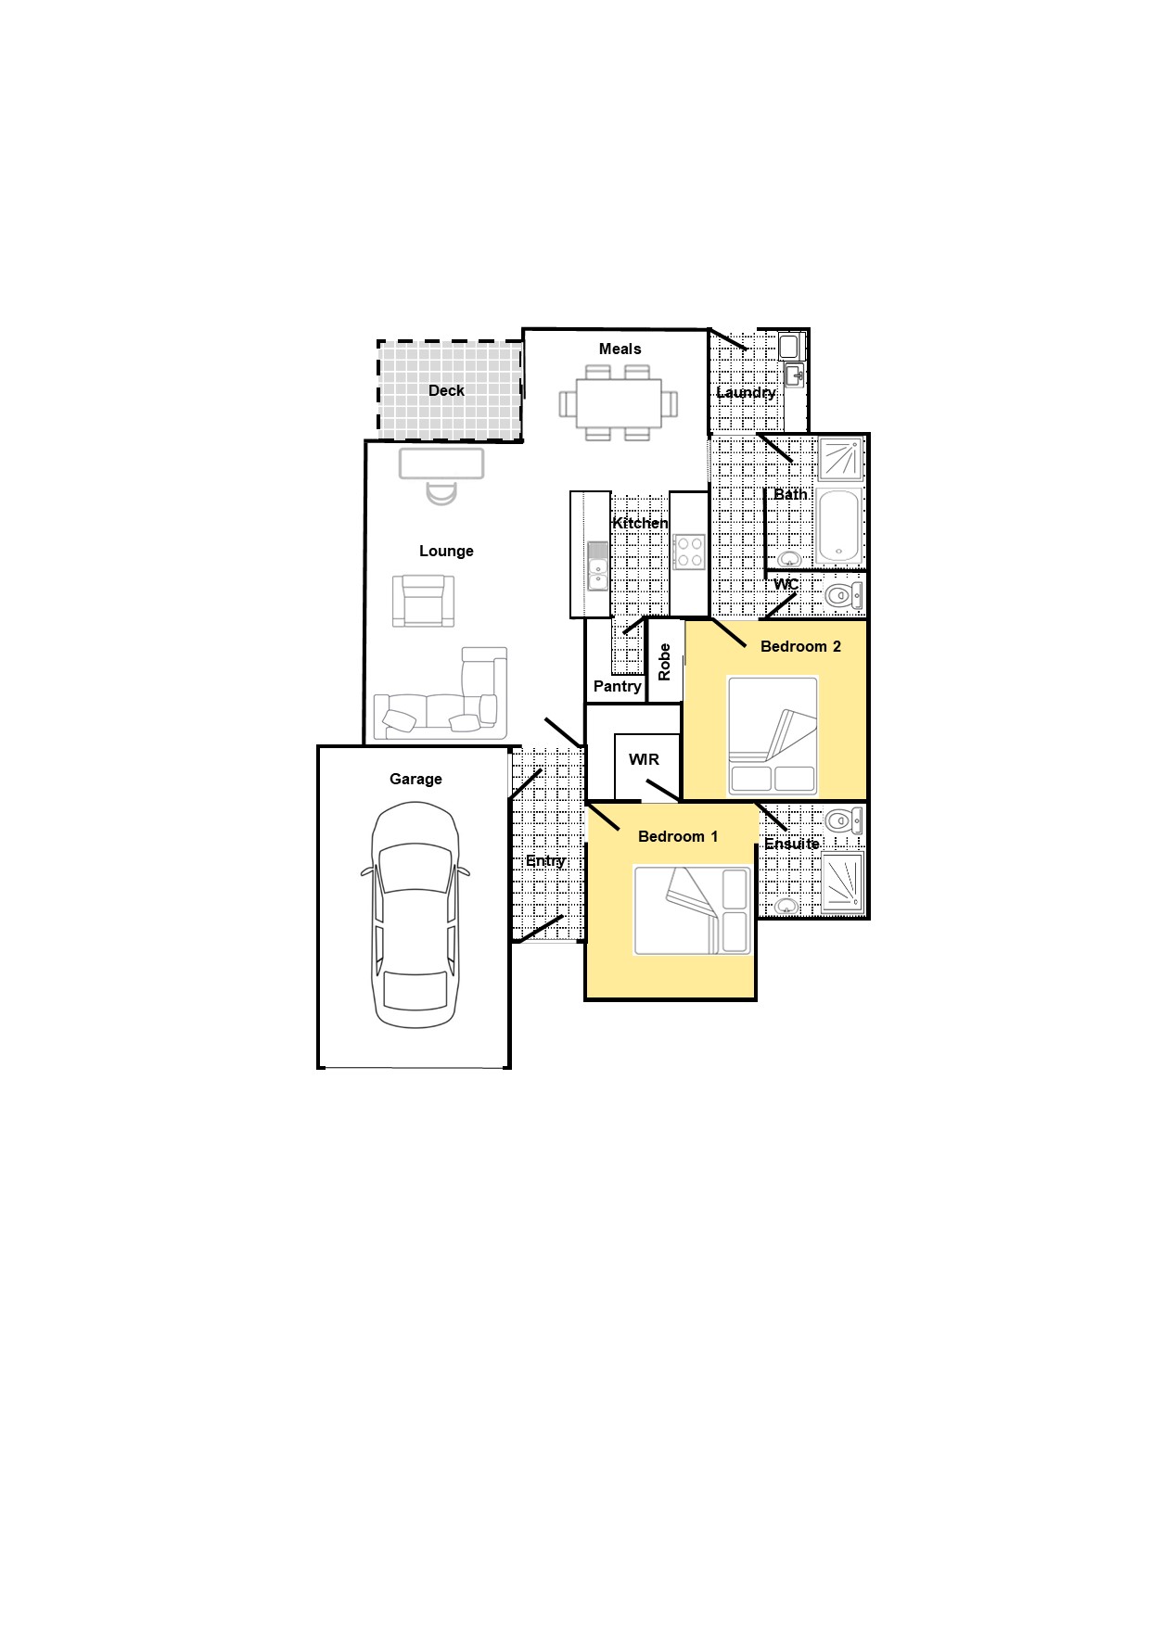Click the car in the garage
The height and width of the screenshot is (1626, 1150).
tap(415, 915)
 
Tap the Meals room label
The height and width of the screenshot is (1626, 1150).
tap(620, 349)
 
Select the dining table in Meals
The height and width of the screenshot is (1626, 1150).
tap(619, 403)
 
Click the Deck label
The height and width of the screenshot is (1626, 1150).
tap(446, 390)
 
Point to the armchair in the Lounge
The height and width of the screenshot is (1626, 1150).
tap(424, 601)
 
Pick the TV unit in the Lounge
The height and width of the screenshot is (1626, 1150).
tap(441, 464)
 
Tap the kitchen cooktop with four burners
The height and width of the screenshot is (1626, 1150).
tap(689, 552)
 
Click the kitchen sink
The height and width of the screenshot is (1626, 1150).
tap(598, 566)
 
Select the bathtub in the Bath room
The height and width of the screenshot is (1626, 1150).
tap(839, 525)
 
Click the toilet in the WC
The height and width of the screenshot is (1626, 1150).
tap(843, 595)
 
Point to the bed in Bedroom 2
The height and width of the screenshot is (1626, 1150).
tap(773, 736)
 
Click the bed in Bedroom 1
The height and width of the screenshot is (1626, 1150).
tap(693, 910)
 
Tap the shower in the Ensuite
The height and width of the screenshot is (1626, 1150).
tap(843, 882)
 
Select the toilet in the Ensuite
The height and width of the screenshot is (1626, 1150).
tap(843, 819)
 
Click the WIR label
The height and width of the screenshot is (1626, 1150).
tap(644, 759)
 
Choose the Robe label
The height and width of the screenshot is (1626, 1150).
tap(664, 662)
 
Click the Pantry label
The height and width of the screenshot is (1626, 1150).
tap(617, 686)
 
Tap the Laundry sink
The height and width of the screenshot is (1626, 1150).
tap(794, 375)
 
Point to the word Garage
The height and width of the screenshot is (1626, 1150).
tap(415, 779)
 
